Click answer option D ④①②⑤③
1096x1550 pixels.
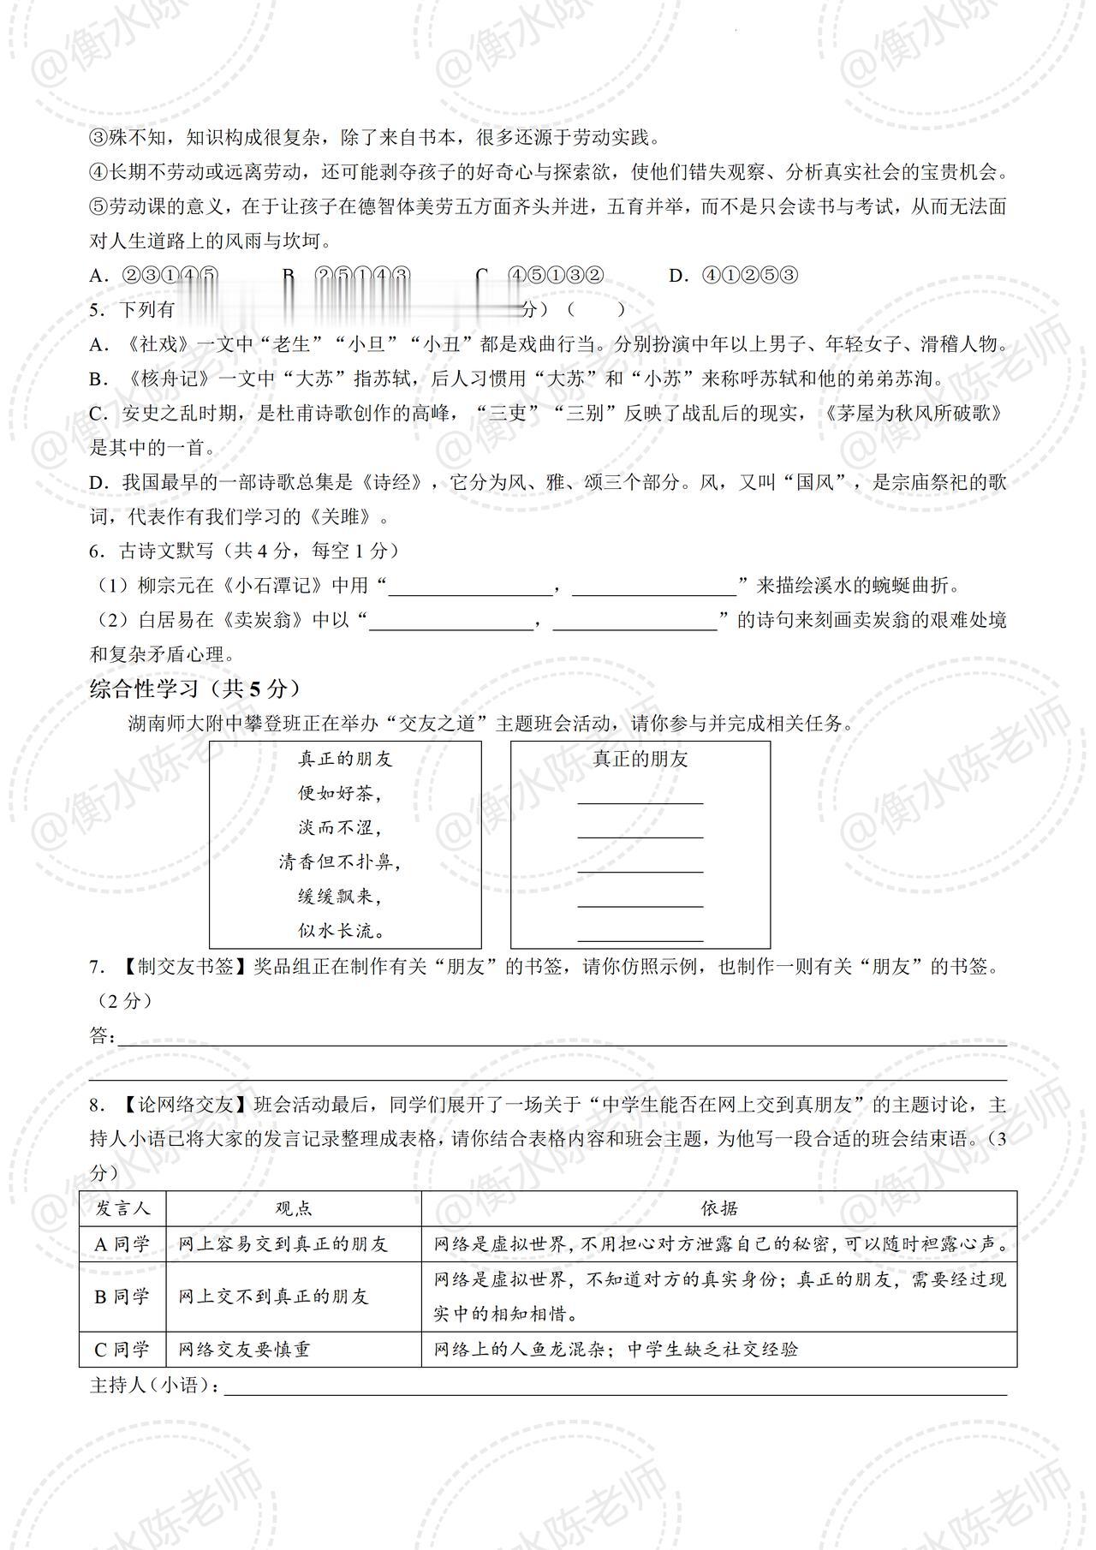point(734,276)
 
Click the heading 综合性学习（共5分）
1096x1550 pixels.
point(195,689)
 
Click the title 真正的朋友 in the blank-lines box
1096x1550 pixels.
point(640,760)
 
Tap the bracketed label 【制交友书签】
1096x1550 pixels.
point(180,967)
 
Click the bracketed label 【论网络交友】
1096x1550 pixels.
point(180,1106)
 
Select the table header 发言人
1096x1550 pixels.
point(122,1208)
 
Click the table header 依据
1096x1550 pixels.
point(719,1208)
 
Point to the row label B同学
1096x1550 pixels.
point(122,1297)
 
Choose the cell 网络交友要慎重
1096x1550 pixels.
point(244,1350)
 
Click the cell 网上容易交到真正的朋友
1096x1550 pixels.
point(283,1243)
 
